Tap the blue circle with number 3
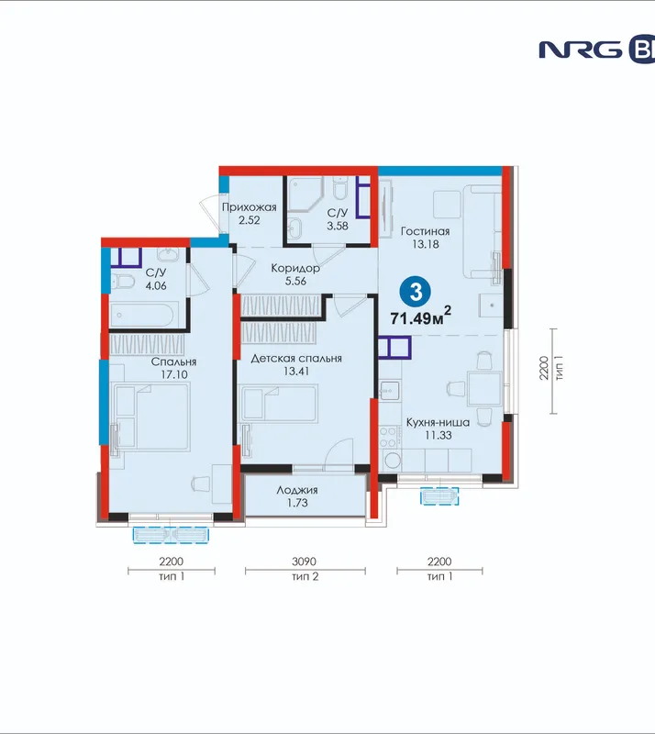[416, 292]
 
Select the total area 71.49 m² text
[421, 317]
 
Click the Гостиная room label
[425, 231]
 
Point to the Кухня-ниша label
[438, 422]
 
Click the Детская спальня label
[296, 359]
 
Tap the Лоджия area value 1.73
[297, 503]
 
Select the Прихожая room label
[250, 207]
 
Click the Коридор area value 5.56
[295, 282]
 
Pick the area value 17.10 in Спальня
[173, 375]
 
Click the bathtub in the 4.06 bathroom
[144, 315]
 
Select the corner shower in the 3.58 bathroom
[305, 195]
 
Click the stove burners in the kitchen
[389, 438]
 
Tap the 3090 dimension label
[304, 562]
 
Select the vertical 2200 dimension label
[543, 369]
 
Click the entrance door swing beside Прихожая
[210, 217]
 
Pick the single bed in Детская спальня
[279, 403]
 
